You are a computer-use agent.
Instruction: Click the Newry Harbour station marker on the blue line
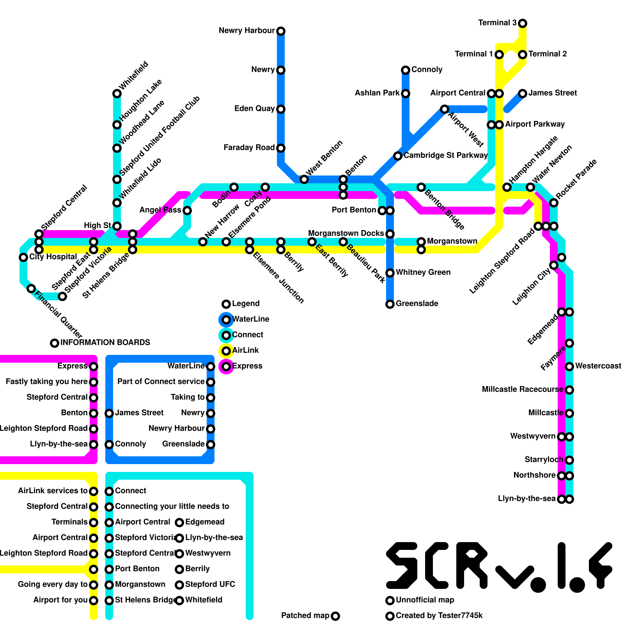point(281,31)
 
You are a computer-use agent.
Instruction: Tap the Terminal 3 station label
point(497,23)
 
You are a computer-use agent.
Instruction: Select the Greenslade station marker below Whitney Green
point(390,304)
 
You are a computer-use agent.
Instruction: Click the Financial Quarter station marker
point(31,289)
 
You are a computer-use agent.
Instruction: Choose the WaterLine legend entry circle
point(226,320)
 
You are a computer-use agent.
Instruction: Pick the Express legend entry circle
point(226,367)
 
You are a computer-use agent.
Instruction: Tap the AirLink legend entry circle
point(226,351)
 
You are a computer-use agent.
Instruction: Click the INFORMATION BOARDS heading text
point(105,342)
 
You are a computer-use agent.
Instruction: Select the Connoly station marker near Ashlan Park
point(406,70)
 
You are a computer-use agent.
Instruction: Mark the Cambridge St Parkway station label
point(445,156)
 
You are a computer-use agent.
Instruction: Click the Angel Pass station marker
point(187,211)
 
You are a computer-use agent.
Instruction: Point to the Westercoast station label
point(598,366)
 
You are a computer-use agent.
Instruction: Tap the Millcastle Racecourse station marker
point(569,390)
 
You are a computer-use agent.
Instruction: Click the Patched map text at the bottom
point(305,616)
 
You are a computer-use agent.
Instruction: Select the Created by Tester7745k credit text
point(439,616)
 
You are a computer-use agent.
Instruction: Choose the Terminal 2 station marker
point(523,55)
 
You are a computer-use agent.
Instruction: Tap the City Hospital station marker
point(23,257)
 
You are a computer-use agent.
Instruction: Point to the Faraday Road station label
point(249,148)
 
